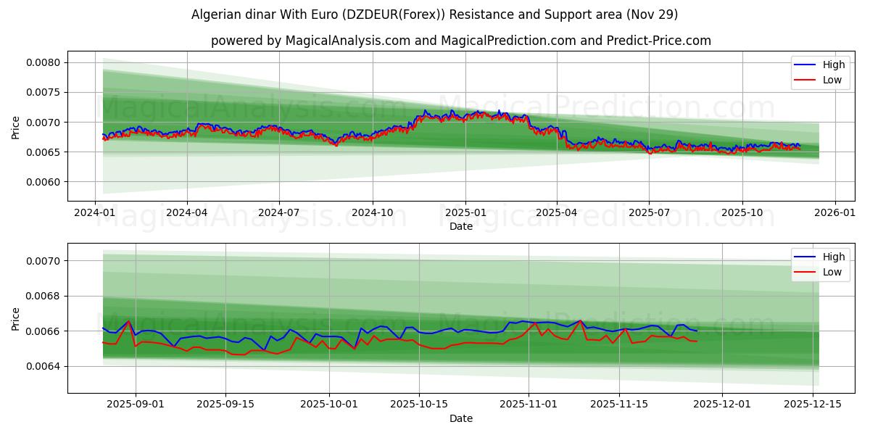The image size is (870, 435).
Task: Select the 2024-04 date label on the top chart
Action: coord(187,213)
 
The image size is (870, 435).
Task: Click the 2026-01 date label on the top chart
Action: coord(834,213)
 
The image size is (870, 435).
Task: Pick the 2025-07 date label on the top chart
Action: coord(649,213)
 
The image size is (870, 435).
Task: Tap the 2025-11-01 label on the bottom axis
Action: coord(529,405)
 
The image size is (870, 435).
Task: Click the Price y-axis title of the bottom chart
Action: coord(16,318)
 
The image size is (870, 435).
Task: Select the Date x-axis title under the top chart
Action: coord(460,226)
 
